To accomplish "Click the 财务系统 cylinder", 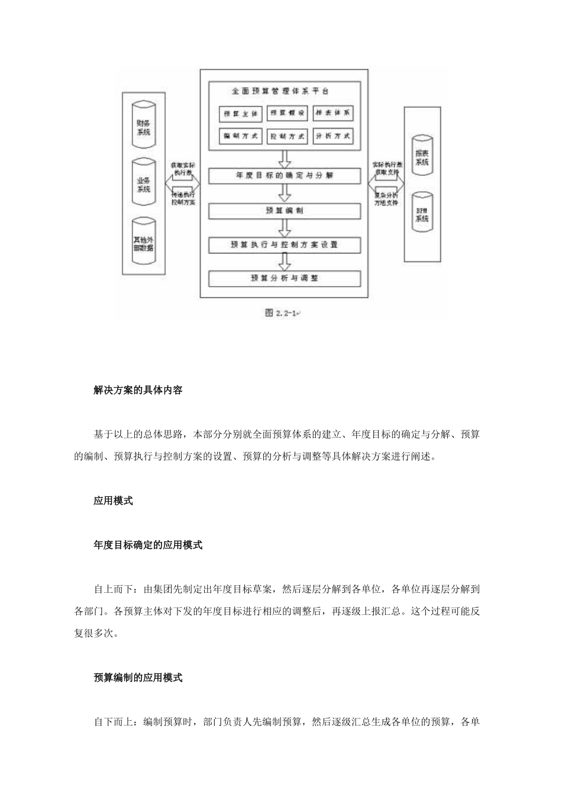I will tap(143, 126).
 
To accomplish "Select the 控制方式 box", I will tap(287, 136).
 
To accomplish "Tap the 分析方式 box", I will tap(333, 136).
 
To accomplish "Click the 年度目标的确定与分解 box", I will tap(285, 176).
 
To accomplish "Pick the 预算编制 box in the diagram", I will tap(285, 211).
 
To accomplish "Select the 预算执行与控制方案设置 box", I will tap(285, 245).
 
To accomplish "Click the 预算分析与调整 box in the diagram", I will tap(285, 278).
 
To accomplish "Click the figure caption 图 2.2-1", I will tap(281, 313).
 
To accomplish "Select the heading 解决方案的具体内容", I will tap(138, 390).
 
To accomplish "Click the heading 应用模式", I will tap(113, 500).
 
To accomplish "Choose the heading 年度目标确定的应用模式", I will tap(148, 545).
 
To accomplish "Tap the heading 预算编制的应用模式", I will tap(138, 678).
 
